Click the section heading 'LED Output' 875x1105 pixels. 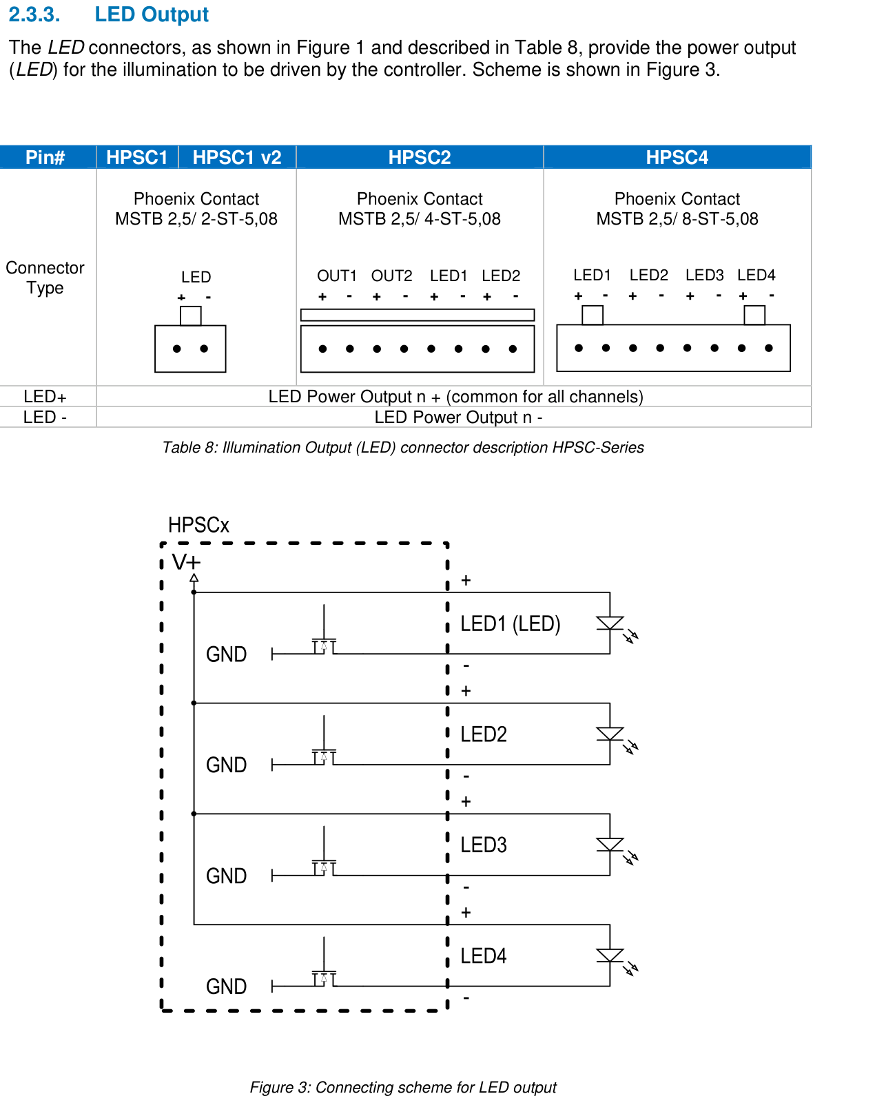[x=152, y=14]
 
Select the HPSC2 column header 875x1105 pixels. [x=420, y=157]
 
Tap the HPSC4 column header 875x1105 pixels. [x=677, y=157]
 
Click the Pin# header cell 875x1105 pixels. [x=45, y=157]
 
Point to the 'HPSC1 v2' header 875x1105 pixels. [x=237, y=157]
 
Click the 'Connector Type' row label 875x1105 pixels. [x=45, y=277]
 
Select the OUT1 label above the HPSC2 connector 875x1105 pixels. [x=336, y=276]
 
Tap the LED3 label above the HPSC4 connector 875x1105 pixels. [x=705, y=276]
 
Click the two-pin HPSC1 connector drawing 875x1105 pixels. [x=190, y=339]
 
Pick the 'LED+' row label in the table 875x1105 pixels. [x=45, y=396]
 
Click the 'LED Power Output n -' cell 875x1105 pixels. [x=458, y=417]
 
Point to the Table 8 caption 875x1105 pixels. [x=403, y=447]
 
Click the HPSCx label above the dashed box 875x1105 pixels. [x=198, y=525]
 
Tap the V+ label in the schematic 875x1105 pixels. [x=186, y=562]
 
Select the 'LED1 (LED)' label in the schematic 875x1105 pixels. [x=510, y=623]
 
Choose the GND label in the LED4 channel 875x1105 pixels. [x=226, y=987]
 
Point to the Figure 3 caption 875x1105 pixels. [x=403, y=1087]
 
